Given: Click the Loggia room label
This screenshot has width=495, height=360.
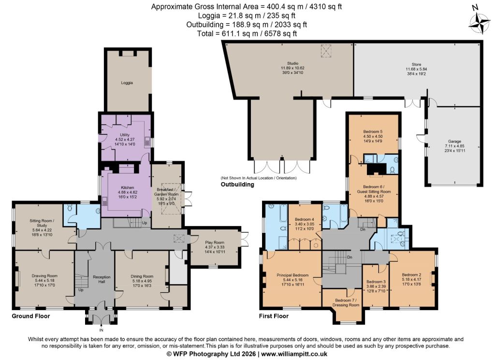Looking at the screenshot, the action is pos(127,83).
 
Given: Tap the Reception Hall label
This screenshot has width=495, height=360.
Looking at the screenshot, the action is pos(102,279).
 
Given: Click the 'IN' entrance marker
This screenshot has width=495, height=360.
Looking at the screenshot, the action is pos(102,331).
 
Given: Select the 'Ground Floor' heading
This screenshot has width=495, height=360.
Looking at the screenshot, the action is pos(31,316).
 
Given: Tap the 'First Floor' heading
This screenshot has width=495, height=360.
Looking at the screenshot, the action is pos(274,316).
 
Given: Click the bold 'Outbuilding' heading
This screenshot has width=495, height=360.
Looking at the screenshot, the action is pos(237,184).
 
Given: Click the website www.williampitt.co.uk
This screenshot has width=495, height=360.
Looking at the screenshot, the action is pos(294,354).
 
